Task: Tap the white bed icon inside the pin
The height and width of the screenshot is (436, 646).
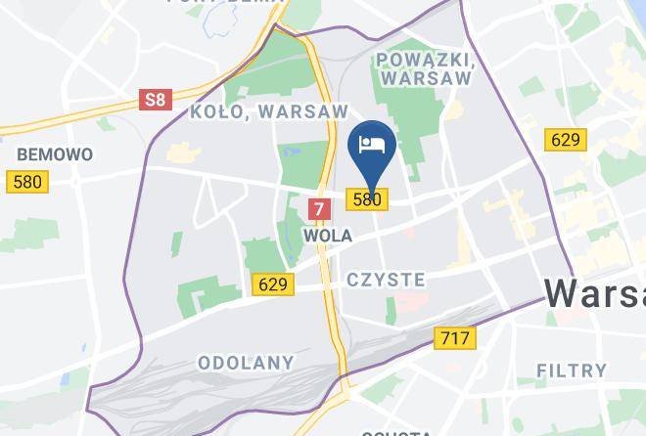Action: point(372,145)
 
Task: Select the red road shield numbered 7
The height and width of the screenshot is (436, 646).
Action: point(319,208)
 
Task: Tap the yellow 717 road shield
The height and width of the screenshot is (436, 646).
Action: point(454,339)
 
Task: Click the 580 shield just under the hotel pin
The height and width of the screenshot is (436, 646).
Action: point(368,199)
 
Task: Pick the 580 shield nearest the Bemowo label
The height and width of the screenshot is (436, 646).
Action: point(27,182)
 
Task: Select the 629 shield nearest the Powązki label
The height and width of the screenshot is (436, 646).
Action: point(566,140)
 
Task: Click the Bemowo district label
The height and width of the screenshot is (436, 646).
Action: point(55,154)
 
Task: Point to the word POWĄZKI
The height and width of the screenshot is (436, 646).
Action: point(424,60)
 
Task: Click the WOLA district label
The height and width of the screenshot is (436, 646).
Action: point(328,236)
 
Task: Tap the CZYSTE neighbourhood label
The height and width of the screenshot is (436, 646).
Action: point(386,280)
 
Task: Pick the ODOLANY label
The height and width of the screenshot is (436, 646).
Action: point(246,362)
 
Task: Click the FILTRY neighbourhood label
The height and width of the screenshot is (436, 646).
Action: point(573,370)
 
